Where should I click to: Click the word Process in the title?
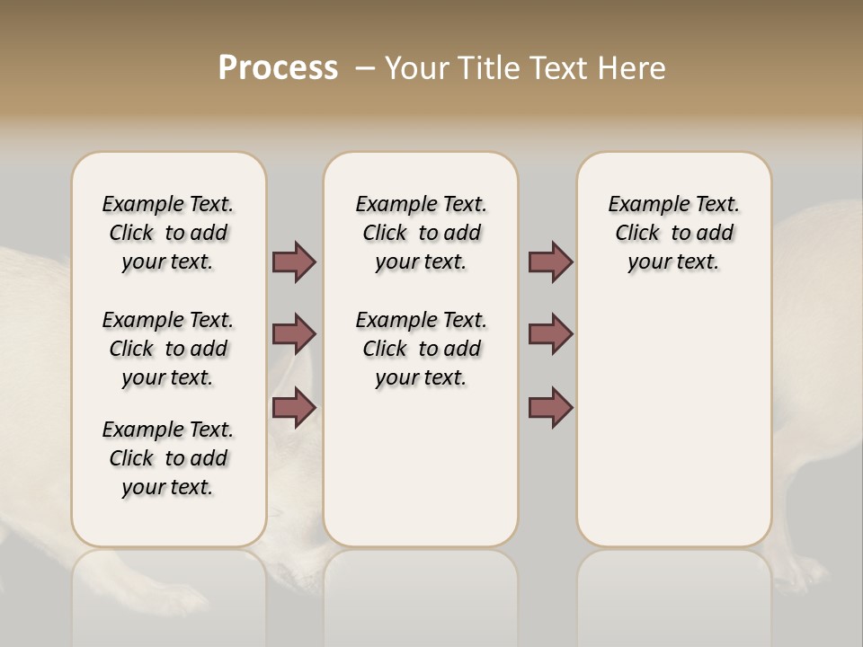[x=278, y=68]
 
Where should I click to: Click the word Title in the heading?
[x=486, y=68]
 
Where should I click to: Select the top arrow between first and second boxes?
[x=294, y=262]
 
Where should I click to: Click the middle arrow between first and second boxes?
[x=294, y=334]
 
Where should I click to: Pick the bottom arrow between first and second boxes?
[x=294, y=407]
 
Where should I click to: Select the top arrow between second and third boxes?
[x=550, y=262]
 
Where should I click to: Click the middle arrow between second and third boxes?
[x=550, y=334]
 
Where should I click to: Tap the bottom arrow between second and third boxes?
[x=550, y=407]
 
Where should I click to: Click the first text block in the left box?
[x=168, y=233]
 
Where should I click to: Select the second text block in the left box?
[x=168, y=349]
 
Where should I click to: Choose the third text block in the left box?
[x=168, y=458]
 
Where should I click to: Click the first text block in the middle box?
[x=421, y=233]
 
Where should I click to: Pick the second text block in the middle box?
[x=421, y=349]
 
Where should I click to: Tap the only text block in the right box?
[x=674, y=233]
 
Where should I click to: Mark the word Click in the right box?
[x=637, y=234]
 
